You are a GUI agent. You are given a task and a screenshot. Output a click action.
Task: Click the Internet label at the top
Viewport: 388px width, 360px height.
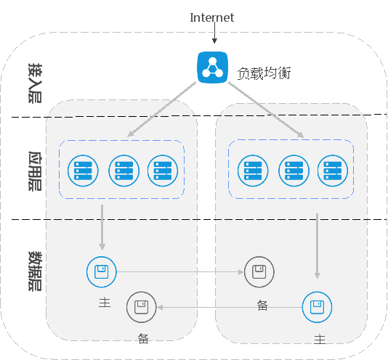212,17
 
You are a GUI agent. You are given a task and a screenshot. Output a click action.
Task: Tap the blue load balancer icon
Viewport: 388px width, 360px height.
212,67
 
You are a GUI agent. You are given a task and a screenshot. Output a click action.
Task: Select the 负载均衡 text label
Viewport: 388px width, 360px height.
264,73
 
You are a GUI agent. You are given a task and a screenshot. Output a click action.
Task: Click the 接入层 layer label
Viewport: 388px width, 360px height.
35,83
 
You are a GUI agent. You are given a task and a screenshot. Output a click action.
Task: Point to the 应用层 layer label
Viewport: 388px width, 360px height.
35,171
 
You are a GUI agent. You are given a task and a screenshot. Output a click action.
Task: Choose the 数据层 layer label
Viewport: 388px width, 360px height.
35,271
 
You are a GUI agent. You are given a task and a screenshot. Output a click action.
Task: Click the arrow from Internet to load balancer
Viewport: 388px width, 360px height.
214,33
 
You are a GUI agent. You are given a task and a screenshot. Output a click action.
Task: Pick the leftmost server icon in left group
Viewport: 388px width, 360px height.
83,171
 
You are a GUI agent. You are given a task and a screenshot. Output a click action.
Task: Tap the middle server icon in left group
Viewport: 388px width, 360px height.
124,171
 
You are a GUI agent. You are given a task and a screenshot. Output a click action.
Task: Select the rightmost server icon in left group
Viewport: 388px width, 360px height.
163,171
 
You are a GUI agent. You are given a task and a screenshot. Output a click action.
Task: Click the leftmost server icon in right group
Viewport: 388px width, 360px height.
253,171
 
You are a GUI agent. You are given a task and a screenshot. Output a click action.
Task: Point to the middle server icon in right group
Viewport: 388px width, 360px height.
294,171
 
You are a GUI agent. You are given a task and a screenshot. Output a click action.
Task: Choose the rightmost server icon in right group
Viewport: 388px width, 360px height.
333,171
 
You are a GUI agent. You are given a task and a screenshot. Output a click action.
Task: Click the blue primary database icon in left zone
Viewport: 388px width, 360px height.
102,272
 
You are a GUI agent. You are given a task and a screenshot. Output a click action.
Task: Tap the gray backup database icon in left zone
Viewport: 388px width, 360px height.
141,307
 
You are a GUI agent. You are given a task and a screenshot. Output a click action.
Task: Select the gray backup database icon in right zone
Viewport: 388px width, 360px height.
259,272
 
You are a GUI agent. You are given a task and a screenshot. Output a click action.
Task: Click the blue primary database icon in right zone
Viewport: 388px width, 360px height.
317,307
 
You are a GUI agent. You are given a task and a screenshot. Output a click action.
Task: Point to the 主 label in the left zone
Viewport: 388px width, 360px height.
105,303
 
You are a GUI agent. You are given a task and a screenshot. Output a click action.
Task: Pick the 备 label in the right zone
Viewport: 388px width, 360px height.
262,306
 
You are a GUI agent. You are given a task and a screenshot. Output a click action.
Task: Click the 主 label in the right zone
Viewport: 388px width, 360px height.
320,340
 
